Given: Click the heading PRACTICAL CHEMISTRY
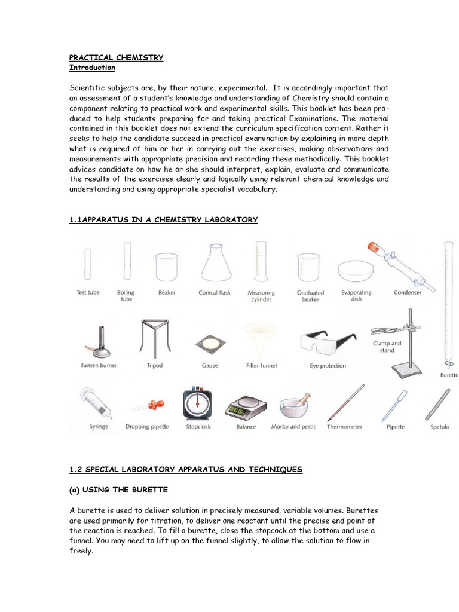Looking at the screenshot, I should pos(116,57).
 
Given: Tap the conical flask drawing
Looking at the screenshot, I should pos(215,264).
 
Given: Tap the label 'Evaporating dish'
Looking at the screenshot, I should pos(356,296).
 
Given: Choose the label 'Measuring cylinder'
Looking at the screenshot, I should pos(261,296).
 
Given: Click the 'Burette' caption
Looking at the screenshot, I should pos(449,375).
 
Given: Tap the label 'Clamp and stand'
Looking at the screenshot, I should pos(387,347).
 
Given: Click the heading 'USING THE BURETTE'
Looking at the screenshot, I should pos(125,490).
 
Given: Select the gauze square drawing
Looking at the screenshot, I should pos(210,344).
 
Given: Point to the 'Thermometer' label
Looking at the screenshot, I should pos(345,427).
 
